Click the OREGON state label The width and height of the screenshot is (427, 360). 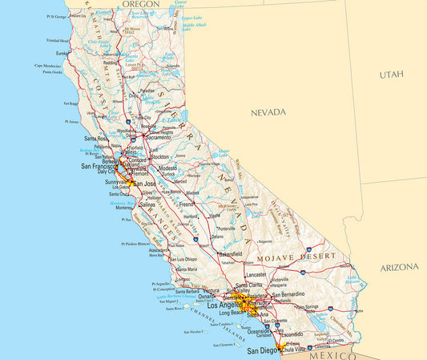click(141, 5)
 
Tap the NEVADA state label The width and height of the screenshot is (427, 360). click(268, 112)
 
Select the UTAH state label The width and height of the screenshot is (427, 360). click(392, 74)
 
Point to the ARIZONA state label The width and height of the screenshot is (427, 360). click(399, 266)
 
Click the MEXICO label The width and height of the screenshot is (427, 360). click(328, 354)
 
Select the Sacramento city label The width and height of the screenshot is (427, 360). click(158, 137)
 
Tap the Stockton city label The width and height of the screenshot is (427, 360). click(158, 158)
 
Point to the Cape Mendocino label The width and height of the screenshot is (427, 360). click(48, 66)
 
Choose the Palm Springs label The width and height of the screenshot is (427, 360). click(307, 306)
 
